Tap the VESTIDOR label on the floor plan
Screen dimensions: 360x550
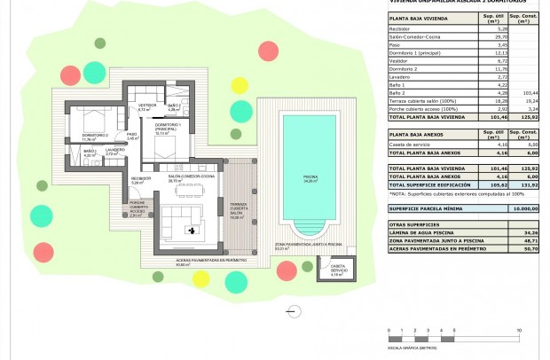pos(146,106)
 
